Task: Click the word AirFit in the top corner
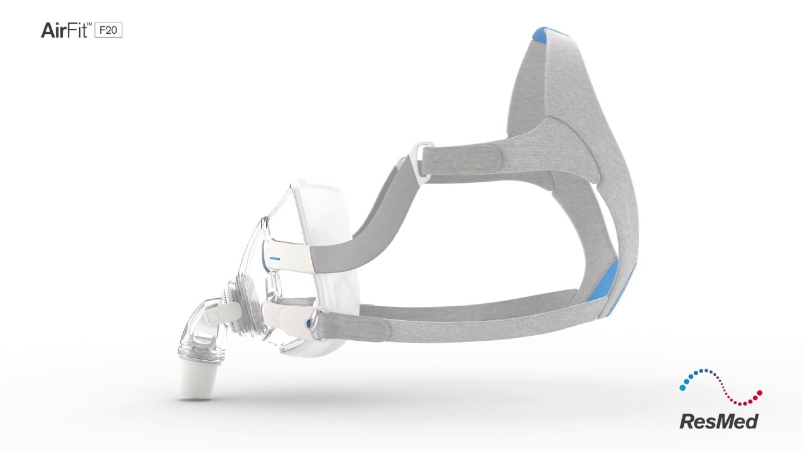(x=63, y=29)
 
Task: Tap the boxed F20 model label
(x=109, y=29)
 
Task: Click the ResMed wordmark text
(x=719, y=420)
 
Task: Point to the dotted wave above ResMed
(x=721, y=385)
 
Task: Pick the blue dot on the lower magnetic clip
(x=307, y=323)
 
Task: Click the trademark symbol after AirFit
(x=89, y=23)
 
